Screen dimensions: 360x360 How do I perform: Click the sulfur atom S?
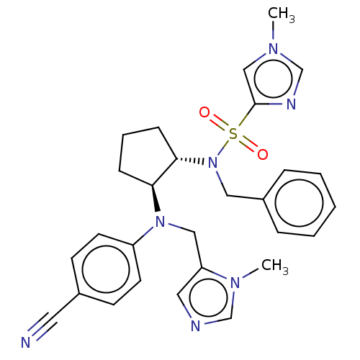[233, 134]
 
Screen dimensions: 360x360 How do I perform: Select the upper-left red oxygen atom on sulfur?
[204, 112]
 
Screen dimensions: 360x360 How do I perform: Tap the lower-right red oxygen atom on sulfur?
[263, 154]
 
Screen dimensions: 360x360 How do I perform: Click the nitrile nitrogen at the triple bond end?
[26, 343]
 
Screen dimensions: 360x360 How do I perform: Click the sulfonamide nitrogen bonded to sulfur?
[212, 163]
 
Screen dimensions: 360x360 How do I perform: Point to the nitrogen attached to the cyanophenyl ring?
[161, 222]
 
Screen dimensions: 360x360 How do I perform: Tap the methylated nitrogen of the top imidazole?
[273, 49]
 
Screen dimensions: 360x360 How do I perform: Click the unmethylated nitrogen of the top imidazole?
[291, 104]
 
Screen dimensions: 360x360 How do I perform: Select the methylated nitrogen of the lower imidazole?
[235, 282]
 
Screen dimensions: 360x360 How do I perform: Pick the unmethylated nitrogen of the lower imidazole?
[195, 326]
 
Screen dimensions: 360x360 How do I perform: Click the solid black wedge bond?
[156, 198]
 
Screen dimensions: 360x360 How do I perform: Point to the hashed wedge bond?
[190, 161]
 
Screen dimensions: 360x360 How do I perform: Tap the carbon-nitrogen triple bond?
[42, 326]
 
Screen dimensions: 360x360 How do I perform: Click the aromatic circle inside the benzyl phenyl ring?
[299, 203]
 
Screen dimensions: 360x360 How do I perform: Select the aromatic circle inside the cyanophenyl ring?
[106, 269]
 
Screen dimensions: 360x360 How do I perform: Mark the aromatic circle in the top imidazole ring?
[273, 78]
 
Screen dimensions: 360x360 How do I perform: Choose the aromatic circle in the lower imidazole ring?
[208, 297]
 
